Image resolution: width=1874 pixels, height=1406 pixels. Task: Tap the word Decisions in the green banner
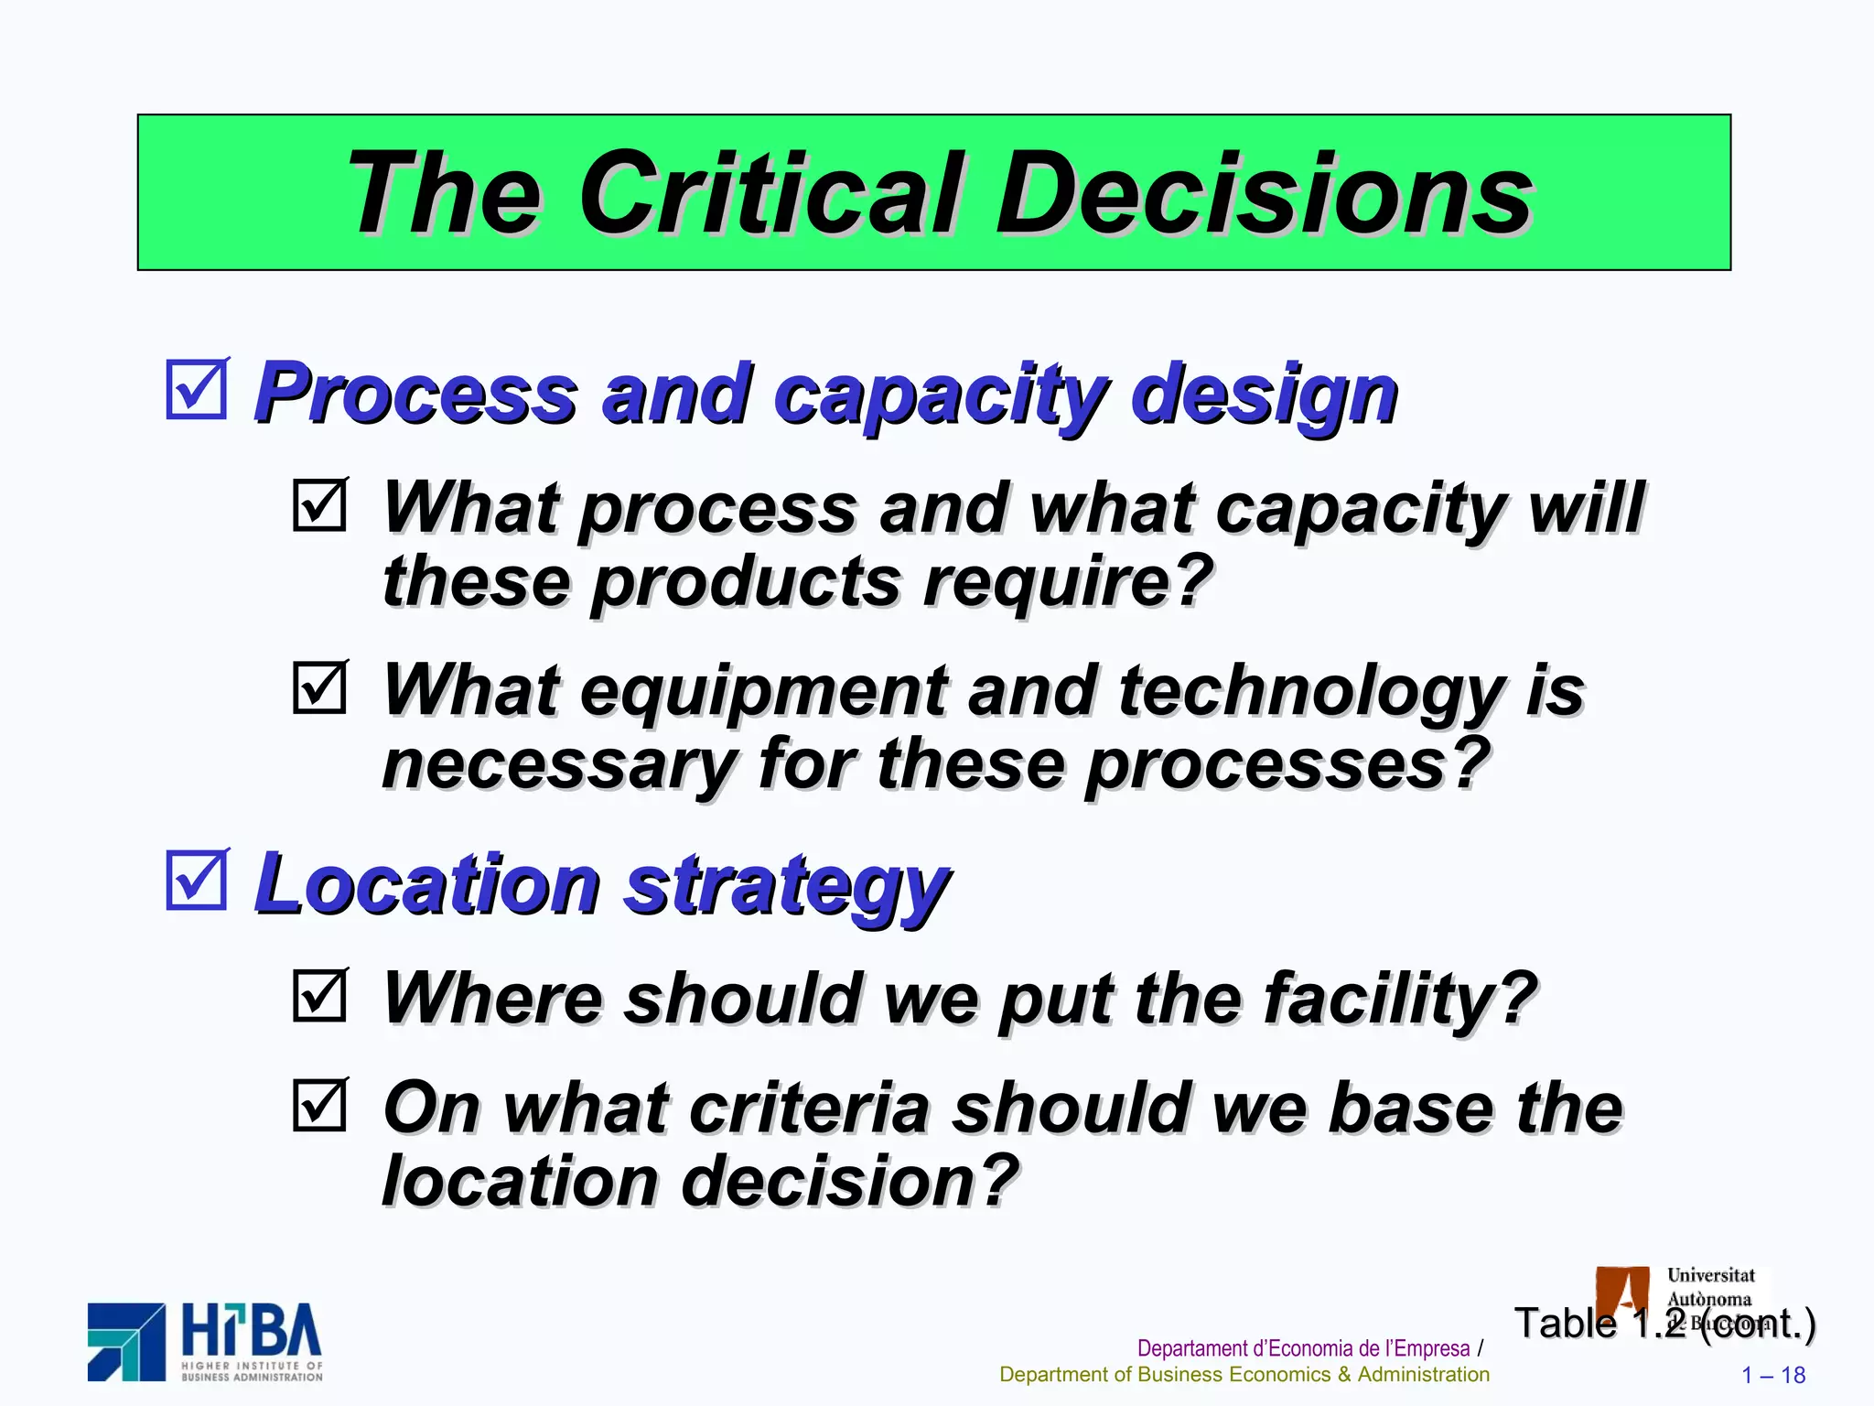click(x=1263, y=194)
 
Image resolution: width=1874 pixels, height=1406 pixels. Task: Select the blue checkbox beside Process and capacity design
click(x=197, y=390)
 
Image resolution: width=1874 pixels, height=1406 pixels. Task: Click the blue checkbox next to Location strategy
click(x=197, y=880)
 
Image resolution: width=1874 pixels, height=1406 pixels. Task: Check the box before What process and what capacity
click(x=320, y=504)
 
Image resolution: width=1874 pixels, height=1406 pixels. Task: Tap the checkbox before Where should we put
click(x=320, y=995)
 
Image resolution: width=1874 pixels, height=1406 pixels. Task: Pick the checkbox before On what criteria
click(x=320, y=1105)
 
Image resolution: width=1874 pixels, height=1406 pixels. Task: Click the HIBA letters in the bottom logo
click(x=253, y=1331)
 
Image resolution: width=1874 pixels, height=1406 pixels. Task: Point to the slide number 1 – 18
click(x=1772, y=1375)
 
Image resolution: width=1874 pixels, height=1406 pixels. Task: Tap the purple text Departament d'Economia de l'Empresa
click(x=1303, y=1348)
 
